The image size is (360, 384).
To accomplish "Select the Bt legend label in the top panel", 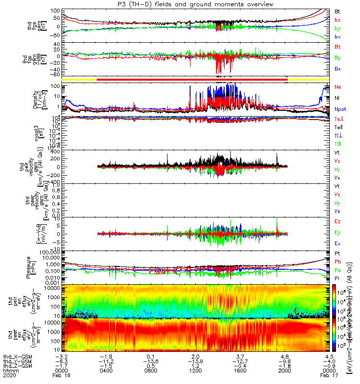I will (338, 11).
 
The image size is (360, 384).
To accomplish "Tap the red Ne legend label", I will (338, 87).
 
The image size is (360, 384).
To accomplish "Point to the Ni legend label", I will (338, 98).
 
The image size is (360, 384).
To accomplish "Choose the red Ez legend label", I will (338, 221).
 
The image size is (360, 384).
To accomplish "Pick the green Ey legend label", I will (338, 233).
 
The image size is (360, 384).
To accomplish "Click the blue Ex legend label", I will (338, 244).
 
